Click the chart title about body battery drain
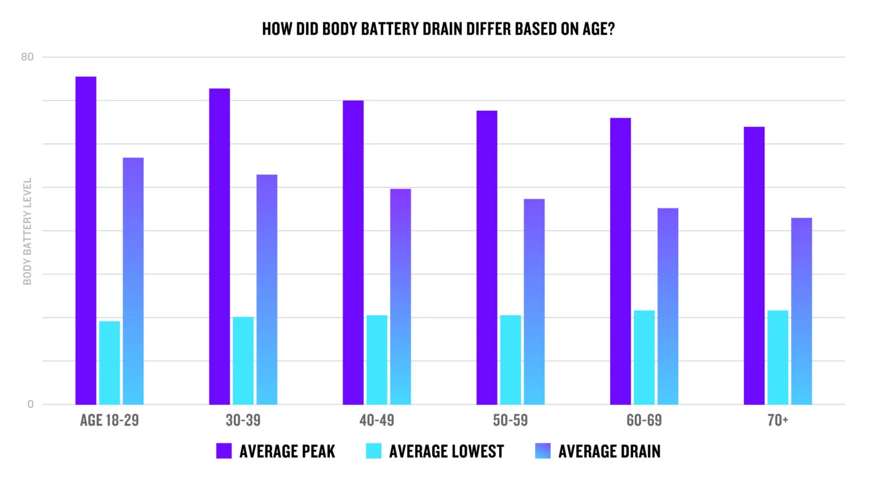[438, 29]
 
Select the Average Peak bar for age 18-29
[86, 240]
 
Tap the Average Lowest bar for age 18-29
[110, 363]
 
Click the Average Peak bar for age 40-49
[353, 252]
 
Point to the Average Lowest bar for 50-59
[510, 360]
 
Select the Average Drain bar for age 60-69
[667, 306]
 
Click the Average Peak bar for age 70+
[754, 265]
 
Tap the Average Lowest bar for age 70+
[778, 358]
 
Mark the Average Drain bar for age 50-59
[534, 302]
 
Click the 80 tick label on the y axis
[27, 57]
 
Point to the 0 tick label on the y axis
[30, 404]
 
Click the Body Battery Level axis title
[27, 231]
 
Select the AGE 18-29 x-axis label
[109, 420]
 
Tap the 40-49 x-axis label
[377, 420]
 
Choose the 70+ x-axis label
[778, 420]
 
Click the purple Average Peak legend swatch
[224, 451]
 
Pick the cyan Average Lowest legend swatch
[373, 451]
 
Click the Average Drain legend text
[609, 451]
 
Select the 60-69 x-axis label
[644, 420]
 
